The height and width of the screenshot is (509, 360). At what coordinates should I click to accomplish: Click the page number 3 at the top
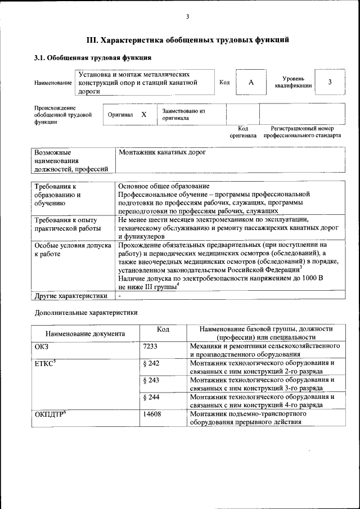pos(187,16)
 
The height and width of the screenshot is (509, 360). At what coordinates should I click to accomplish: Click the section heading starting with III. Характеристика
pos(188,40)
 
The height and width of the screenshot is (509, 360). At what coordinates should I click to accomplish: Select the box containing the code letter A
pos(251,83)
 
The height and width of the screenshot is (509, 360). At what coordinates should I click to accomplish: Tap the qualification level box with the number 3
pos(330,83)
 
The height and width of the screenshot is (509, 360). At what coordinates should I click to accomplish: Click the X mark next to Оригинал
pos(143,115)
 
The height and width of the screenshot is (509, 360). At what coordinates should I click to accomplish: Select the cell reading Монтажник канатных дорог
pos(163,152)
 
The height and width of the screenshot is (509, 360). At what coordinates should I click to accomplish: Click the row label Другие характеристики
pos(71,295)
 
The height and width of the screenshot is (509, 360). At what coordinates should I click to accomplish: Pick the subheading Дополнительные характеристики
pos(86,312)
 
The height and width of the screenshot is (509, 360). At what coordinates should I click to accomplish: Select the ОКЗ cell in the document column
pos(43,346)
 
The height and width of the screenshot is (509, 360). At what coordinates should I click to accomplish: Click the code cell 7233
pos(152,346)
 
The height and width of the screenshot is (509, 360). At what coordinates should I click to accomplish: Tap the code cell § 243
pos(152,380)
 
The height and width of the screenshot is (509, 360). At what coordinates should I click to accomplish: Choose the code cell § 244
pos(152,397)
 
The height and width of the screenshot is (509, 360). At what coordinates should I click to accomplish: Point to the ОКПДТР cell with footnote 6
pos(51,415)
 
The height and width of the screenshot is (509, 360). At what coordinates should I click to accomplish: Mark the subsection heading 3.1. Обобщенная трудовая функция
pos(93,58)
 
